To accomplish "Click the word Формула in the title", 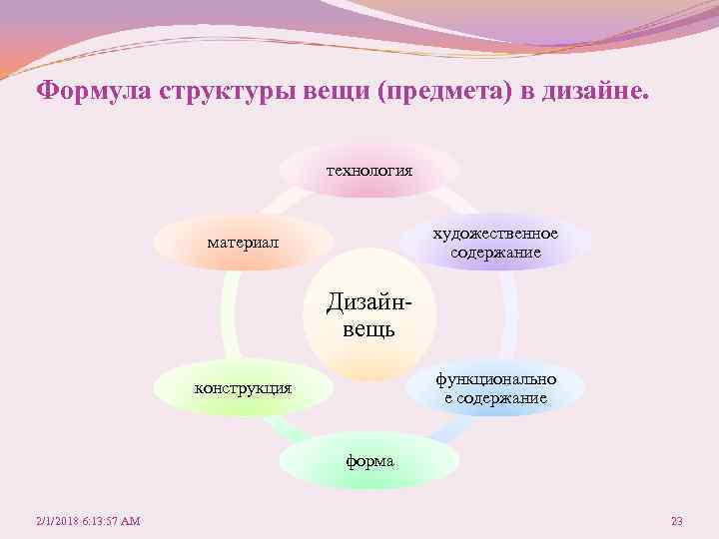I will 88,92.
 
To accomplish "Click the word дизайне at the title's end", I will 594,92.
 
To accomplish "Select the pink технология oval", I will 368,171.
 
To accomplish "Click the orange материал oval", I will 244,243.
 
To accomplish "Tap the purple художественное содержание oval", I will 495,243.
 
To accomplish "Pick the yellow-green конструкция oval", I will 243,387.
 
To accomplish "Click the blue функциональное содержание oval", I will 495,388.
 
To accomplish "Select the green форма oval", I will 368,461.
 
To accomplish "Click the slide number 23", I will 676,521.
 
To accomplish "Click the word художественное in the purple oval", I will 495,234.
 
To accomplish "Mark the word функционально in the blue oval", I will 495,379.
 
